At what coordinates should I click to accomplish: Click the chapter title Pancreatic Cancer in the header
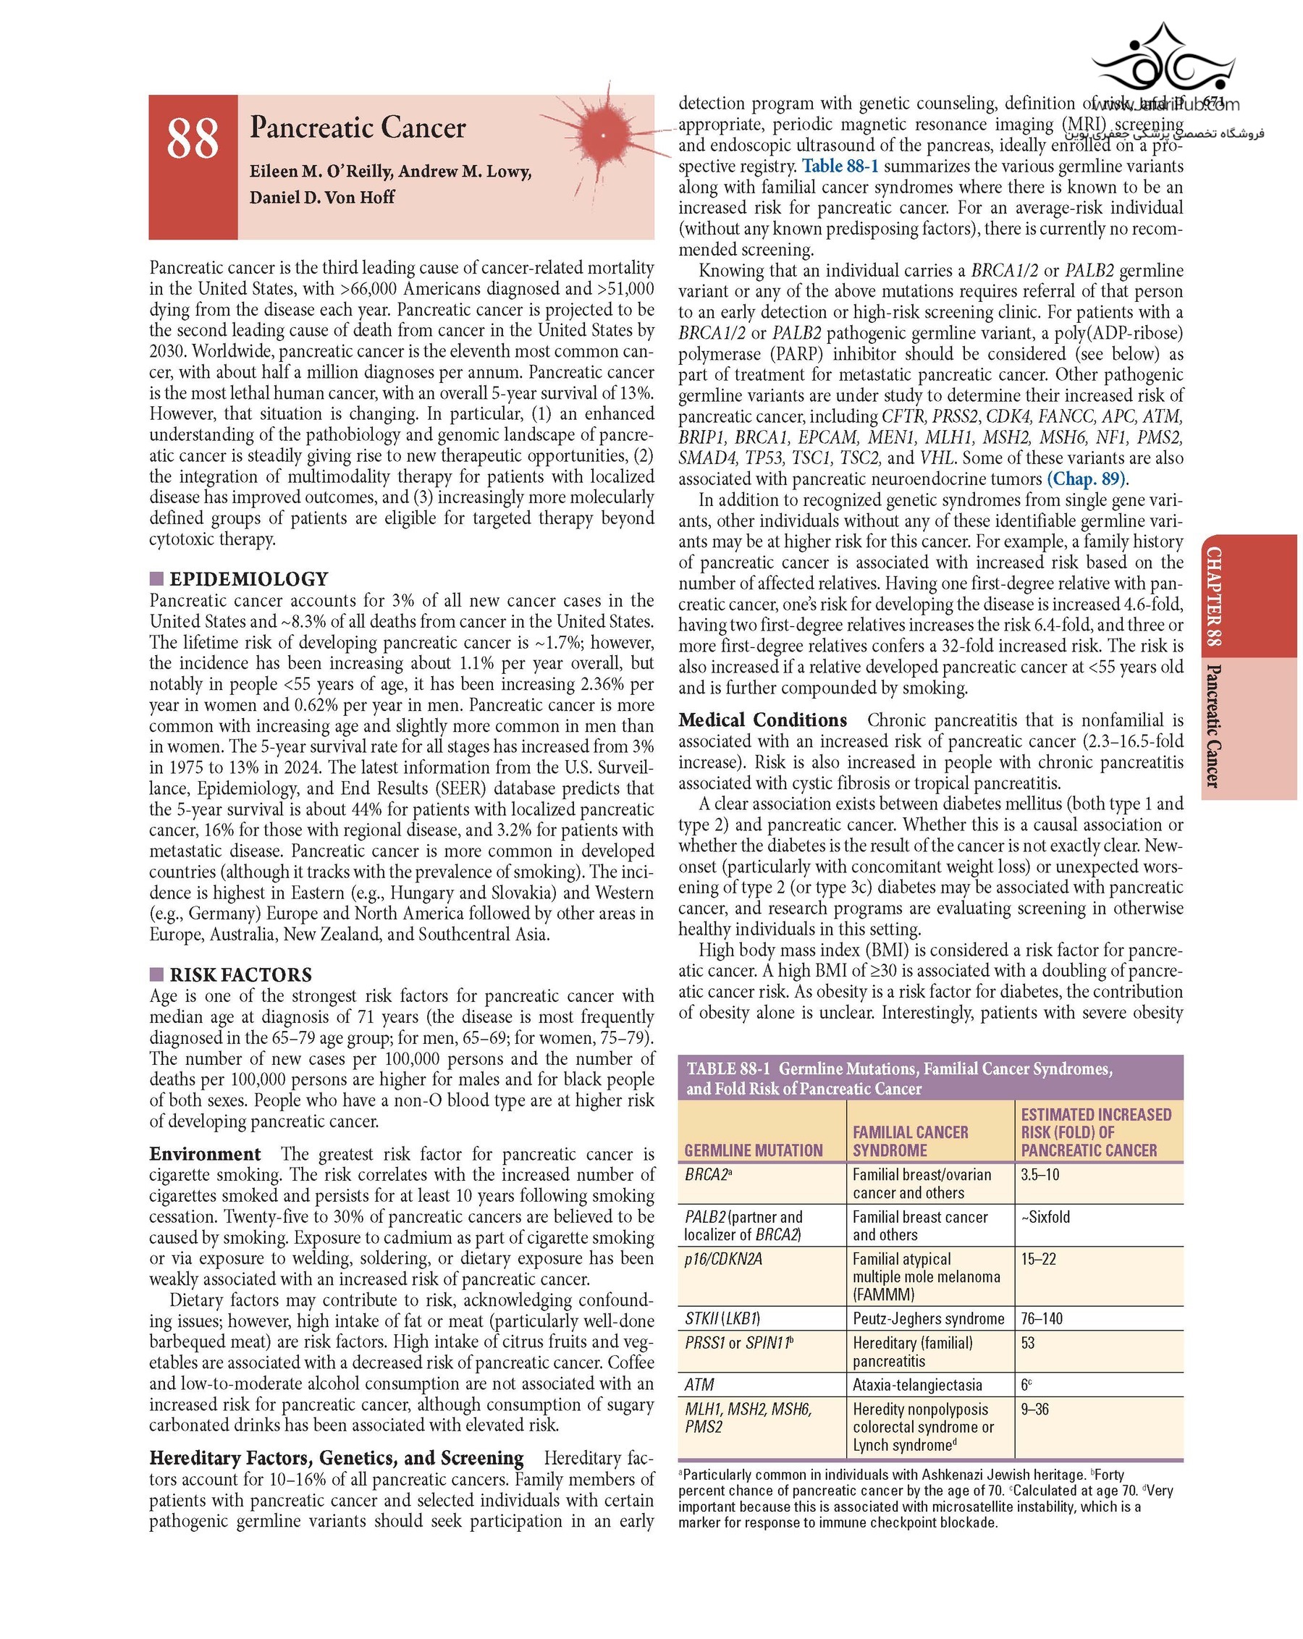[x=358, y=127]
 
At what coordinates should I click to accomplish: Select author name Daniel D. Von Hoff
[x=321, y=197]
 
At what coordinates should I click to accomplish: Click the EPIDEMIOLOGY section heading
[x=248, y=579]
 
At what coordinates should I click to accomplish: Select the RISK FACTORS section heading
[x=240, y=974]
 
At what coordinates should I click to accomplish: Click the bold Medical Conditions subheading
[x=762, y=720]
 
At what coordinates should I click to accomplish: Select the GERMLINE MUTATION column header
[x=753, y=1150]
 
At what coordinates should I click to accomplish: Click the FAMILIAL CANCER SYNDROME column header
[x=910, y=1141]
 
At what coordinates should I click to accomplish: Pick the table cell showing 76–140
[x=1042, y=1318]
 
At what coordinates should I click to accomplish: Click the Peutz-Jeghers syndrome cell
[x=927, y=1318]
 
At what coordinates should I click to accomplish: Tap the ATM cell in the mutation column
[x=699, y=1384]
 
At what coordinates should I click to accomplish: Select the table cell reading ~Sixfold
[x=1045, y=1217]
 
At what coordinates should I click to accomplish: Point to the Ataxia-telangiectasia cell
[x=917, y=1384]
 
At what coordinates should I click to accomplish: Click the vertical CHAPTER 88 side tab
[x=1214, y=596]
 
